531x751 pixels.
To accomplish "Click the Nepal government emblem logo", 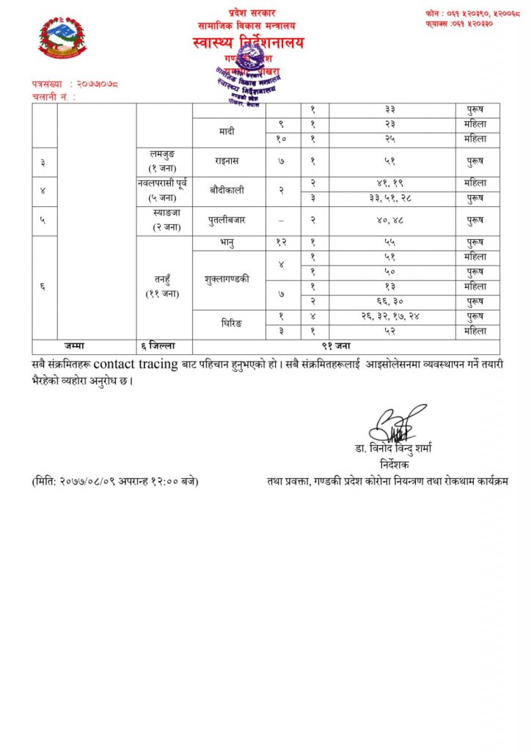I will (x=62, y=37).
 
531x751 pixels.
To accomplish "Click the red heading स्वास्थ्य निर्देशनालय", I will (x=249, y=43).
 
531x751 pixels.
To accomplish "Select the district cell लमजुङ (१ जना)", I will (x=164, y=161).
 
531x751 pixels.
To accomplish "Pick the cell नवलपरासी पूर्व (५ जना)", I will (x=164, y=191).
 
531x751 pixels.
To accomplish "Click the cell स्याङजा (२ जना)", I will (x=164, y=220).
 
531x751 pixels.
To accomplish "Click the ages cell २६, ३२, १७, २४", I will (x=392, y=316).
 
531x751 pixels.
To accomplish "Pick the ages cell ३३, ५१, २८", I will (x=392, y=198).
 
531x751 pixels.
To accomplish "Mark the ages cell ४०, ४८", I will (x=392, y=220).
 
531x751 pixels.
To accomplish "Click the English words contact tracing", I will (x=136, y=364).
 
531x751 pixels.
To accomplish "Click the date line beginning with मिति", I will (x=115, y=481).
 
